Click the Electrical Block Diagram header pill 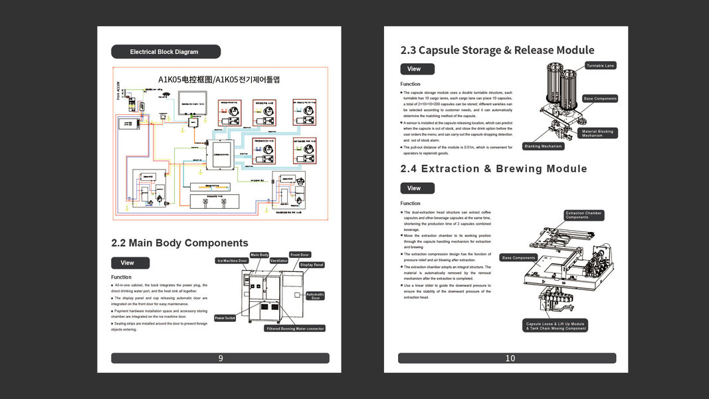(x=165, y=52)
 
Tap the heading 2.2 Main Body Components (x=179, y=243)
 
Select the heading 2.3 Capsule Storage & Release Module (x=497, y=50)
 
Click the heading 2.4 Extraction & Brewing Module (x=494, y=169)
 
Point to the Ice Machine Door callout (x=231, y=261)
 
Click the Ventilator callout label (x=279, y=261)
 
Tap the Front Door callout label (x=300, y=255)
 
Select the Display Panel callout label (x=311, y=265)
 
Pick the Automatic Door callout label (x=315, y=296)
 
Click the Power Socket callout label (x=225, y=318)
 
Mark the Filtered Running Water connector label (x=295, y=329)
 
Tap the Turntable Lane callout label (x=600, y=65)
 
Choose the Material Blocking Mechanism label (x=597, y=133)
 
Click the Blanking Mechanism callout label (x=544, y=146)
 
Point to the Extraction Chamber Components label (x=583, y=215)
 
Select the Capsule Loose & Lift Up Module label (x=556, y=326)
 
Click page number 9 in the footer (x=220, y=358)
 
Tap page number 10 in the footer (x=510, y=358)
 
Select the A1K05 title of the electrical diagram (x=219, y=79)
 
